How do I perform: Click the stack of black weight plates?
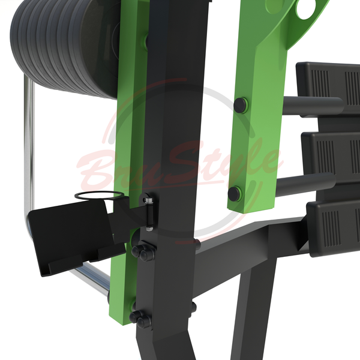pyautogui.click(x=64, y=46)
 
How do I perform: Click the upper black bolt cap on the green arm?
pyautogui.click(x=241, y=105)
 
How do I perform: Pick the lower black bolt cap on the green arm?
pyautogui.click(x=235, y=194)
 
